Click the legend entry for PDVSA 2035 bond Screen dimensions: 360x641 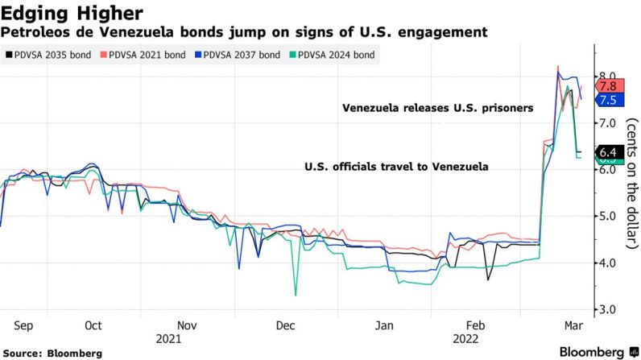[44, 55]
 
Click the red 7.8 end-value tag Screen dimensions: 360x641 [607, 85]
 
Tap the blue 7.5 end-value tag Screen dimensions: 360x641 [607, 100]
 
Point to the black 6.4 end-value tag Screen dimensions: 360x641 [607, 151]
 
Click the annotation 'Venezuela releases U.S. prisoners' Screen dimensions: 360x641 [437, 108]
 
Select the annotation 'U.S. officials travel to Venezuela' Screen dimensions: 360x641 [396, 167]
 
